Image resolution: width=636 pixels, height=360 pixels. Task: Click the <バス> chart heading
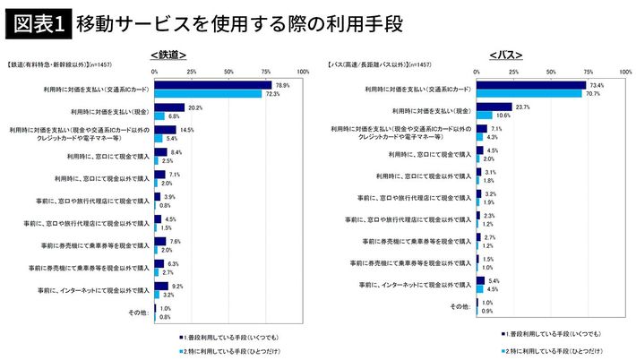tap(506, 55)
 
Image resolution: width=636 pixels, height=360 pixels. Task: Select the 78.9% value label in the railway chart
tap(283, 85)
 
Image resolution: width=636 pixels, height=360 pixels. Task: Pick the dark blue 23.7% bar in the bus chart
tap(496, 107)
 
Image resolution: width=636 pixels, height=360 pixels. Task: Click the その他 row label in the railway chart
tap(138, 313)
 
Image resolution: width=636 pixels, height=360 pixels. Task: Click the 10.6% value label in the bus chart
tap(503, 116)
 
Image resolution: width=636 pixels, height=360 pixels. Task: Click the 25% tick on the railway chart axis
tap(191, 70)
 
